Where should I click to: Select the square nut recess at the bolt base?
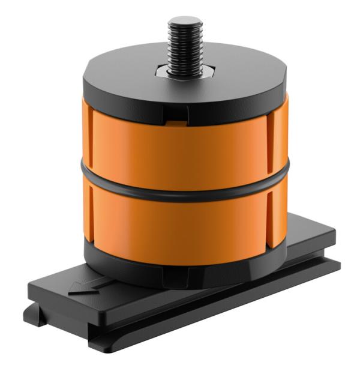point(184,73)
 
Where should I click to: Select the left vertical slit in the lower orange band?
point(89,213)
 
